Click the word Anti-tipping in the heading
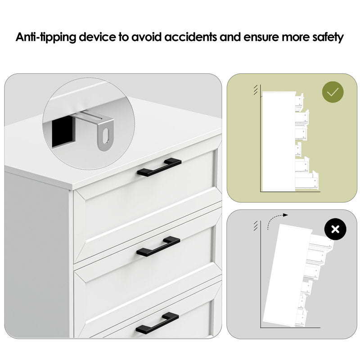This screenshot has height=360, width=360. [x=46, y=37]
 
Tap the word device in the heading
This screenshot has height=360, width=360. [x=98, y=37]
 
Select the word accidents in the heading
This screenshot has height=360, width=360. [x=190, y=37]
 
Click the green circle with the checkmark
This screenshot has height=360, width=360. [x=333, y=92]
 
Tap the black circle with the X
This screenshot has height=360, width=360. [x=335, y=229]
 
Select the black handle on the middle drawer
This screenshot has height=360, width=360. [x=158, y=246]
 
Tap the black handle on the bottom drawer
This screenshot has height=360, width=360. [x=157, y=323]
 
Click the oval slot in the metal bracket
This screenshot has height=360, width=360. [x=106, y=136]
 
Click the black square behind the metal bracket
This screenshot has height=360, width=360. [x=62, y=131]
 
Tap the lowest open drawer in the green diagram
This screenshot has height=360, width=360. [x=307, y=181]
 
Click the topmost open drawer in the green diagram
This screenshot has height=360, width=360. [x=299, y=102]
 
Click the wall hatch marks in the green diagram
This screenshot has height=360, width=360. [x=256, y=90]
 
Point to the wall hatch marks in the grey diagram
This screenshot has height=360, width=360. [x=256, y=226]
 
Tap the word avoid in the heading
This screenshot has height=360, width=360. [x=146, y=37]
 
